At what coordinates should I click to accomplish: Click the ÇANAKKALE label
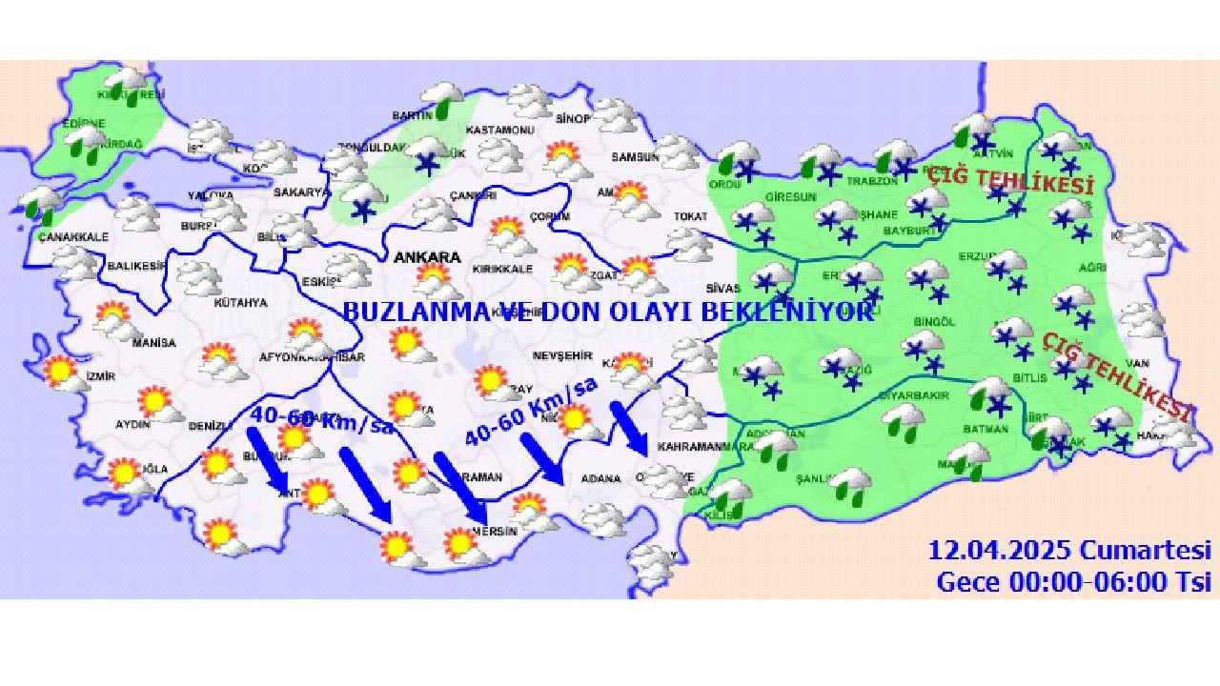pos(74,237)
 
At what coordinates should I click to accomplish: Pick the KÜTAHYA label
pos(240,303)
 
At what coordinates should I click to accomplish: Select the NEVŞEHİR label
pos(557,352)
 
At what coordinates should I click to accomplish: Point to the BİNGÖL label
pos(933,322)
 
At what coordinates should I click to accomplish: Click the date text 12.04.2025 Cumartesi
pos(1069,551)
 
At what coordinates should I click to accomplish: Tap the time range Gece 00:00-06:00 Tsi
pos(1073,581)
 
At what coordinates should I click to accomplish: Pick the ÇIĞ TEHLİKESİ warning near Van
pos(1116,376)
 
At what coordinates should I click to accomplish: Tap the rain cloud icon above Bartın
pos(442,98)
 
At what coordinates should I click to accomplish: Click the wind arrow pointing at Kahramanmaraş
pos(629,430)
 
